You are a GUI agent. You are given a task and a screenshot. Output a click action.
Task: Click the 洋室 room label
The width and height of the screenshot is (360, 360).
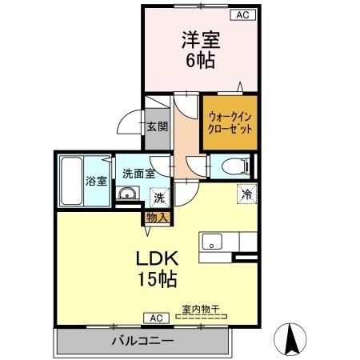click(x=201, y=40)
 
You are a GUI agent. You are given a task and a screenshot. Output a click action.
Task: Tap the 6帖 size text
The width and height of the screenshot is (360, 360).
click(x=202, y=61)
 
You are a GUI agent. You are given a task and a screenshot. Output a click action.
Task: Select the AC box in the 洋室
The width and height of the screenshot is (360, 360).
click(x=242, y=14)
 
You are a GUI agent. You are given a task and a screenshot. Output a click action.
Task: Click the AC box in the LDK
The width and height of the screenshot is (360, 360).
click(x=153, y=318)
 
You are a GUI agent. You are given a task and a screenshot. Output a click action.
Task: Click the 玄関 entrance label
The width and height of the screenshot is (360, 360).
click(x=157, y=126)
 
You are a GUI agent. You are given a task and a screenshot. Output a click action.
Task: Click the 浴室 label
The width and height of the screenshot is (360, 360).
click(x=96, y=181)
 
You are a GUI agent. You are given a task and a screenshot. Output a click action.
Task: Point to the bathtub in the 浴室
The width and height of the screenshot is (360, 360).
click(x=73, y=180)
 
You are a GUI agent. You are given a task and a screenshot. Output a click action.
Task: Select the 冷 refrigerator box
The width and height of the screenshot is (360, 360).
click(x=247, y=194)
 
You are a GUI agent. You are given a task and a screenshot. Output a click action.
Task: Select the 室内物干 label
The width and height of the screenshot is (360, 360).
click(x=202, y=308)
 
